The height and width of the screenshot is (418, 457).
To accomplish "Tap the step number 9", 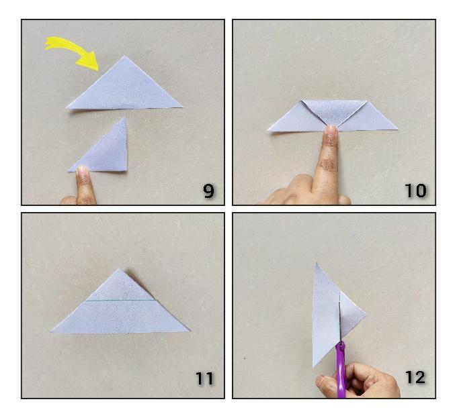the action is [x=209, y=191].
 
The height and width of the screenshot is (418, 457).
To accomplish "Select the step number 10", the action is [x=416, y=191].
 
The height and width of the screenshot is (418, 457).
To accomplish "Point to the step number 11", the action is [x=204, y=378].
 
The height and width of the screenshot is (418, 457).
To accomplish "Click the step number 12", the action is [x=415, y=377].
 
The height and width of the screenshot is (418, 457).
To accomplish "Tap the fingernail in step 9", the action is [x=83, y=170].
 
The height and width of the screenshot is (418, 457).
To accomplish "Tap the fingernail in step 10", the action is [x=331, y=129].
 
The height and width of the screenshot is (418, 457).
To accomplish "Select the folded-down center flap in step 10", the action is [x=334, y=112].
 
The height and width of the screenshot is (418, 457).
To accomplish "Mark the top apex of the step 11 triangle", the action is [x=119, y=268].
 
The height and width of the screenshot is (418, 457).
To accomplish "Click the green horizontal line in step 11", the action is [x=121, y=301].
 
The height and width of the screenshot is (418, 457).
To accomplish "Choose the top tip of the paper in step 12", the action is [x=317, y=263].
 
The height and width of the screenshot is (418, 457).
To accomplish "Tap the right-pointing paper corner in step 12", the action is [x=365, y=314].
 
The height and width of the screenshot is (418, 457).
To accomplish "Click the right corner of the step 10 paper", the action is [x=397, y=129].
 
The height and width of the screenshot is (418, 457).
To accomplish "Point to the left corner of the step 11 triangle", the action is [x=52, y=331].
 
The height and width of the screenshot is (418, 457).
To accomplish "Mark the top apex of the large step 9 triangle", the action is [x=125, y=56].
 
